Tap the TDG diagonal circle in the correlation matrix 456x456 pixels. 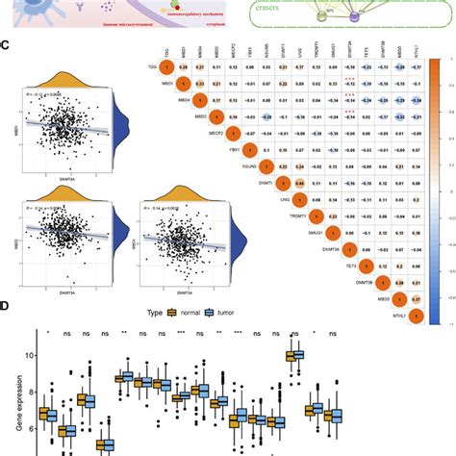coord(165,67)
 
